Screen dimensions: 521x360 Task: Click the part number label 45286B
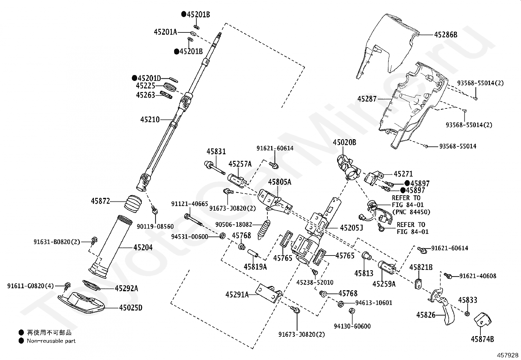[x=446, y=35]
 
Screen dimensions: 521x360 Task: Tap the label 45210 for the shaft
[x=150, y=120]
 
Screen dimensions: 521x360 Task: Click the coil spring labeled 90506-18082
[x=264, y=230]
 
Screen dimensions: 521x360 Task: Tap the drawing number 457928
[x=508, y=355]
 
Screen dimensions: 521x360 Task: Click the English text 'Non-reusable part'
[x=51, y=341]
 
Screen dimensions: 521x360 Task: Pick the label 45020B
[x=345, y=142]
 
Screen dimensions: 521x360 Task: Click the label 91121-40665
[x=189, y=204]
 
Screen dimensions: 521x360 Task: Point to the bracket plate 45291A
[x=269, y=294]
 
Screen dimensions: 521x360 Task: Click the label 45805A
[x=279, y=182]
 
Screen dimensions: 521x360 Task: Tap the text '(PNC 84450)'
[x=411, y=212]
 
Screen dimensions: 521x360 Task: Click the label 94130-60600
[x=352, y=326]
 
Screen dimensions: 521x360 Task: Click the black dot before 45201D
[x=135, y=78]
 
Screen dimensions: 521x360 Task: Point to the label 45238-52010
[x=315, y=282]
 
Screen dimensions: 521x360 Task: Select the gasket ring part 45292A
[x=91, y=285]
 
